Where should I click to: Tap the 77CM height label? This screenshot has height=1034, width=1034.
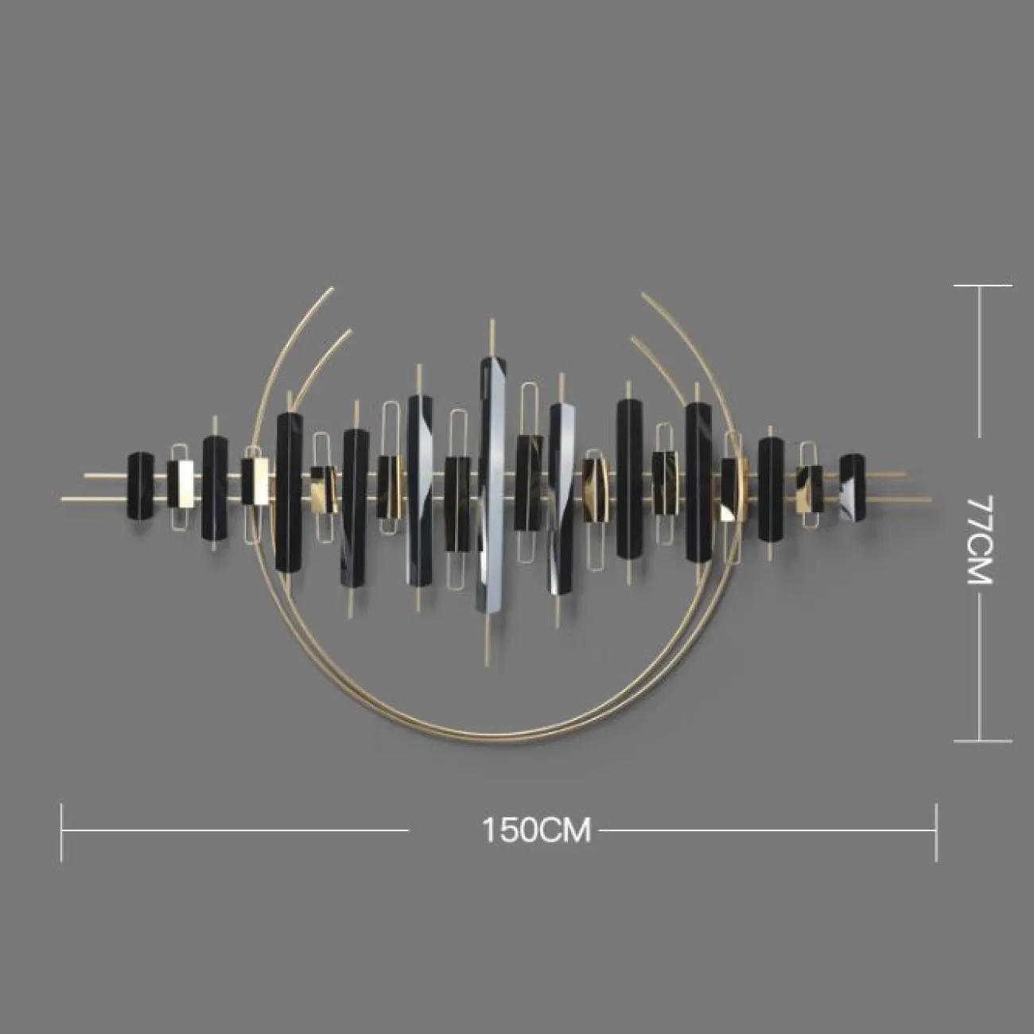980,540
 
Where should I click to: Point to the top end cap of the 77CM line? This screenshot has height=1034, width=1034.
983,286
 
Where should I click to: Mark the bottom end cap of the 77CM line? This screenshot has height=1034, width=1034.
983,741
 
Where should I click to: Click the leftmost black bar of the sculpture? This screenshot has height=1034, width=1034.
141,487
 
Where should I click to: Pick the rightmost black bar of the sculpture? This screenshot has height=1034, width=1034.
852,488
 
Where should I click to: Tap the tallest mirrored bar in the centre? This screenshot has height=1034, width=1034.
492,484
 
